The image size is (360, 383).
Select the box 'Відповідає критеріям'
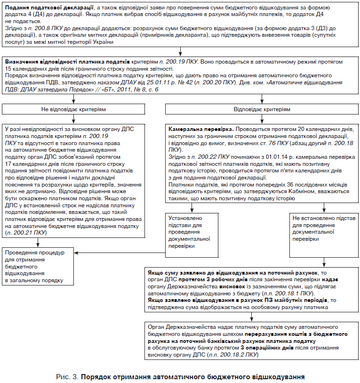click(x=262, y=109)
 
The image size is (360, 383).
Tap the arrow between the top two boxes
click(x=181, y=51)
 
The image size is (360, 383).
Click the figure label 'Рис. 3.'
click(x=67, y=377)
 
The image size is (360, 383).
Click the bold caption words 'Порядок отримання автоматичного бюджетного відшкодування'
click(x=192, y=377)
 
